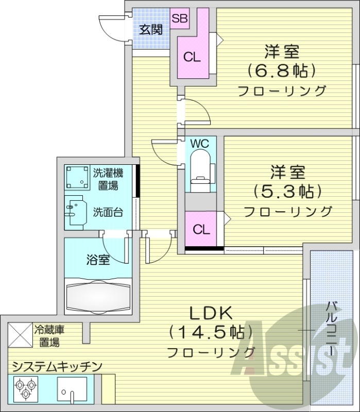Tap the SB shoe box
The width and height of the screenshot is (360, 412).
[180, 19]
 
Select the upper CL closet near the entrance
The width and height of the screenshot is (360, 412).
[192, 57]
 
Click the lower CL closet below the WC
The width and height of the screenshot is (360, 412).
[201, 230]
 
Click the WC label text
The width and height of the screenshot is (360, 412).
[200, 144]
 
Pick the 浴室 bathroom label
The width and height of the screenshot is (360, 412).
[97, 260]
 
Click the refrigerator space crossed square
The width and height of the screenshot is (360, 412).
[20, 335]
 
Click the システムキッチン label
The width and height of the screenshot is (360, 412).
[56, 367]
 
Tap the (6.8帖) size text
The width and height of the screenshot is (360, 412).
[281, 70]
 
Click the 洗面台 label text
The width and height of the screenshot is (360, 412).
[108, 212]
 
